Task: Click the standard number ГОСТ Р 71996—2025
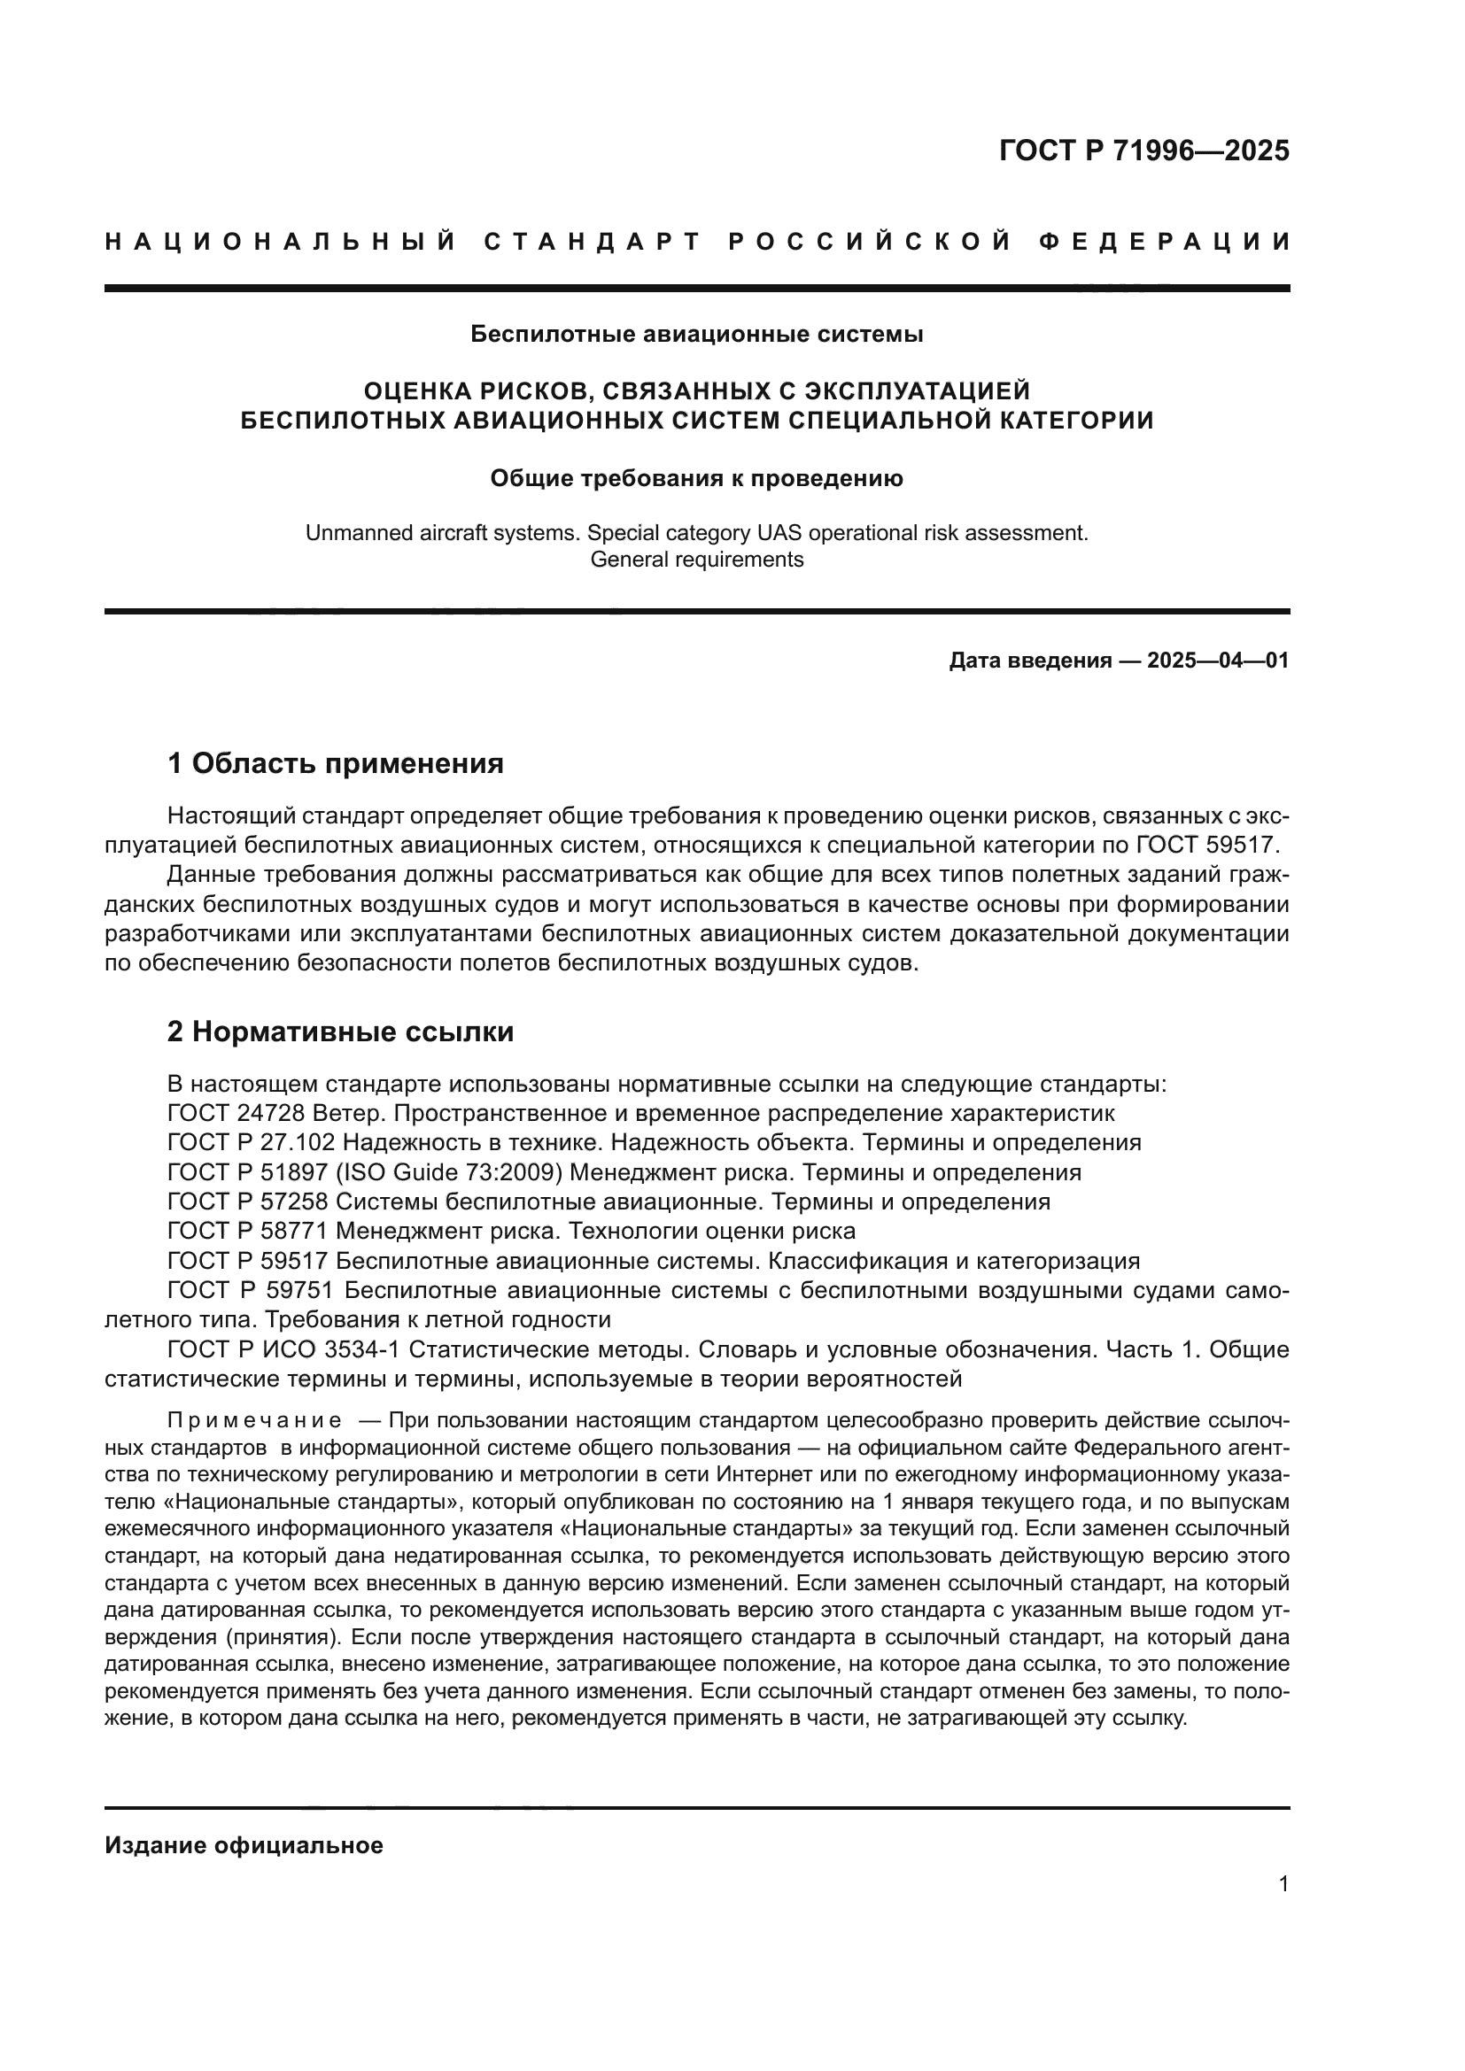point(1143,151)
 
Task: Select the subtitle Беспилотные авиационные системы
point(696,335)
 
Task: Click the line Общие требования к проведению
point(696,478)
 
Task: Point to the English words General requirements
point(696,560)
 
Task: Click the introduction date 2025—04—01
point(1218,661)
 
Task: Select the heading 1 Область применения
point(336,764)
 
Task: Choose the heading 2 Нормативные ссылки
point(340,1031)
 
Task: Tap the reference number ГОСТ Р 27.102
point(252,1143)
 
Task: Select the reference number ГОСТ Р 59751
point(252,1291)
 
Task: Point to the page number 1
point(1283,1884)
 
